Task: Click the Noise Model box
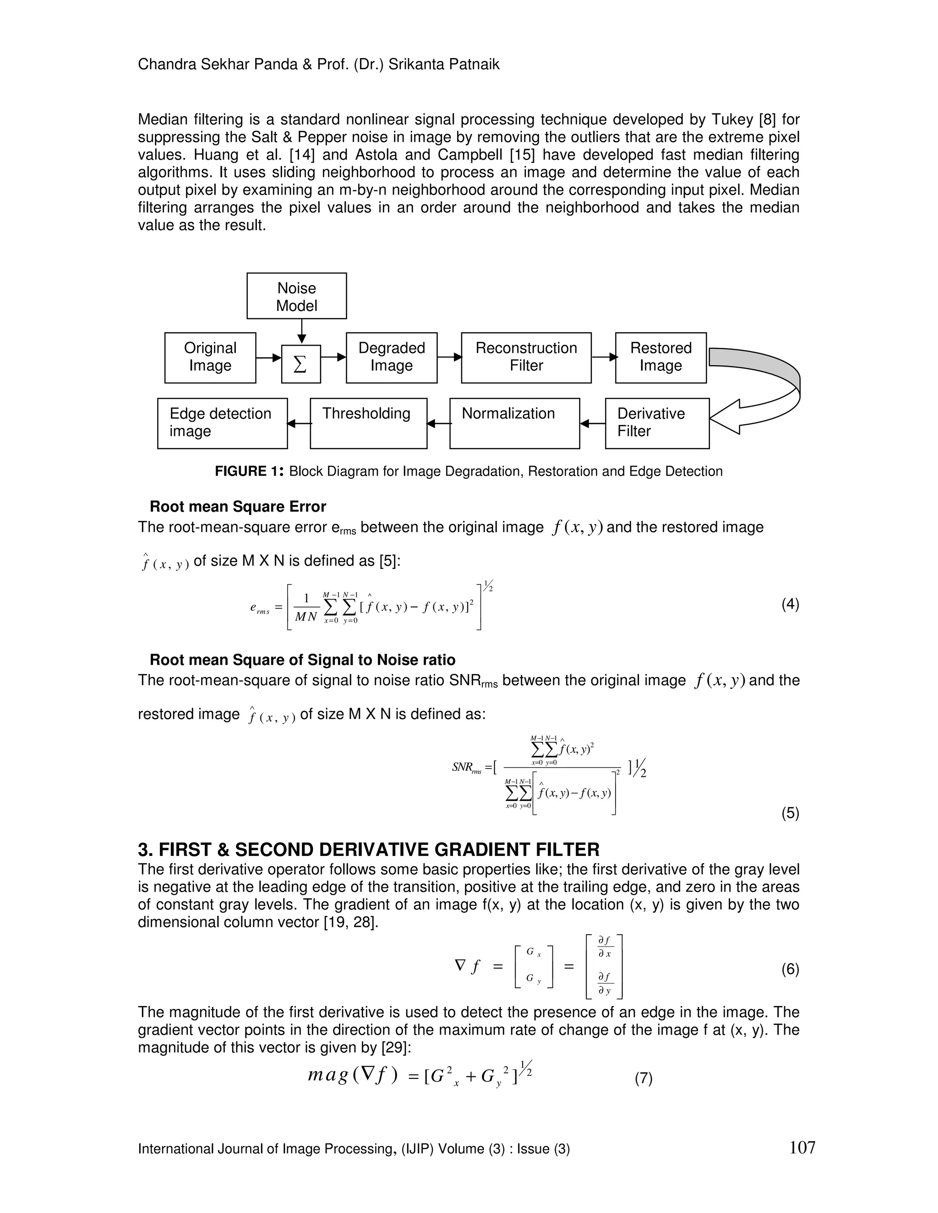(296, 296)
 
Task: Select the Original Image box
(210, 357)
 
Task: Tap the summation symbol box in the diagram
(300, 364)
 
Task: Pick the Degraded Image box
(391, 357)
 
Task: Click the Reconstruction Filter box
(526, 357)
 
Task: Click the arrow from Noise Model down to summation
(301, 331)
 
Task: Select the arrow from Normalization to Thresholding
(438, 424)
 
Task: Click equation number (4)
(790, 604)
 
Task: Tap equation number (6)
(790, 969)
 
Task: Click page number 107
(802, 1147)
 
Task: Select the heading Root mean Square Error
(238, 507)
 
